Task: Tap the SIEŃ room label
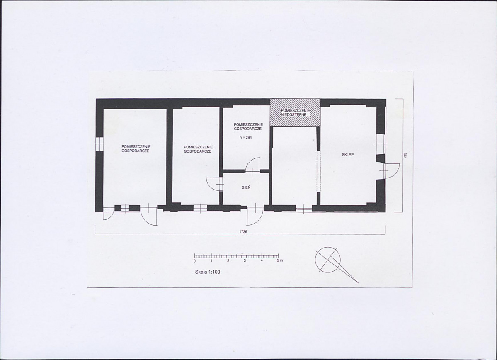[x=246, y=187]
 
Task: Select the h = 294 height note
[x=245, y=138]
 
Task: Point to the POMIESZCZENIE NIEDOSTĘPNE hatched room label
[x=296, y=112]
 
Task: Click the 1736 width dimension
[x=243, y=231]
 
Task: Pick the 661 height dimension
[x=405, y=155]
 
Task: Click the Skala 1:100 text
[x=208, y=272]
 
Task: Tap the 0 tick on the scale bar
[x=194, y=261]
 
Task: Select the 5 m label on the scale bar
[x=279, y=261]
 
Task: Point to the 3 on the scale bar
[x=245, y=261]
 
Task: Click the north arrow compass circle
[x=327, y=259]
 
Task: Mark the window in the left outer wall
[x=99, y=144]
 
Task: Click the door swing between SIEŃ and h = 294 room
[x=253, y=165]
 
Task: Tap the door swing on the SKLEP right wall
[x=391, y=172]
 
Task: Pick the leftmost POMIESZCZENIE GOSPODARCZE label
[x=136, y=149]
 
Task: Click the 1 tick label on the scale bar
[x=211, y=261]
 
